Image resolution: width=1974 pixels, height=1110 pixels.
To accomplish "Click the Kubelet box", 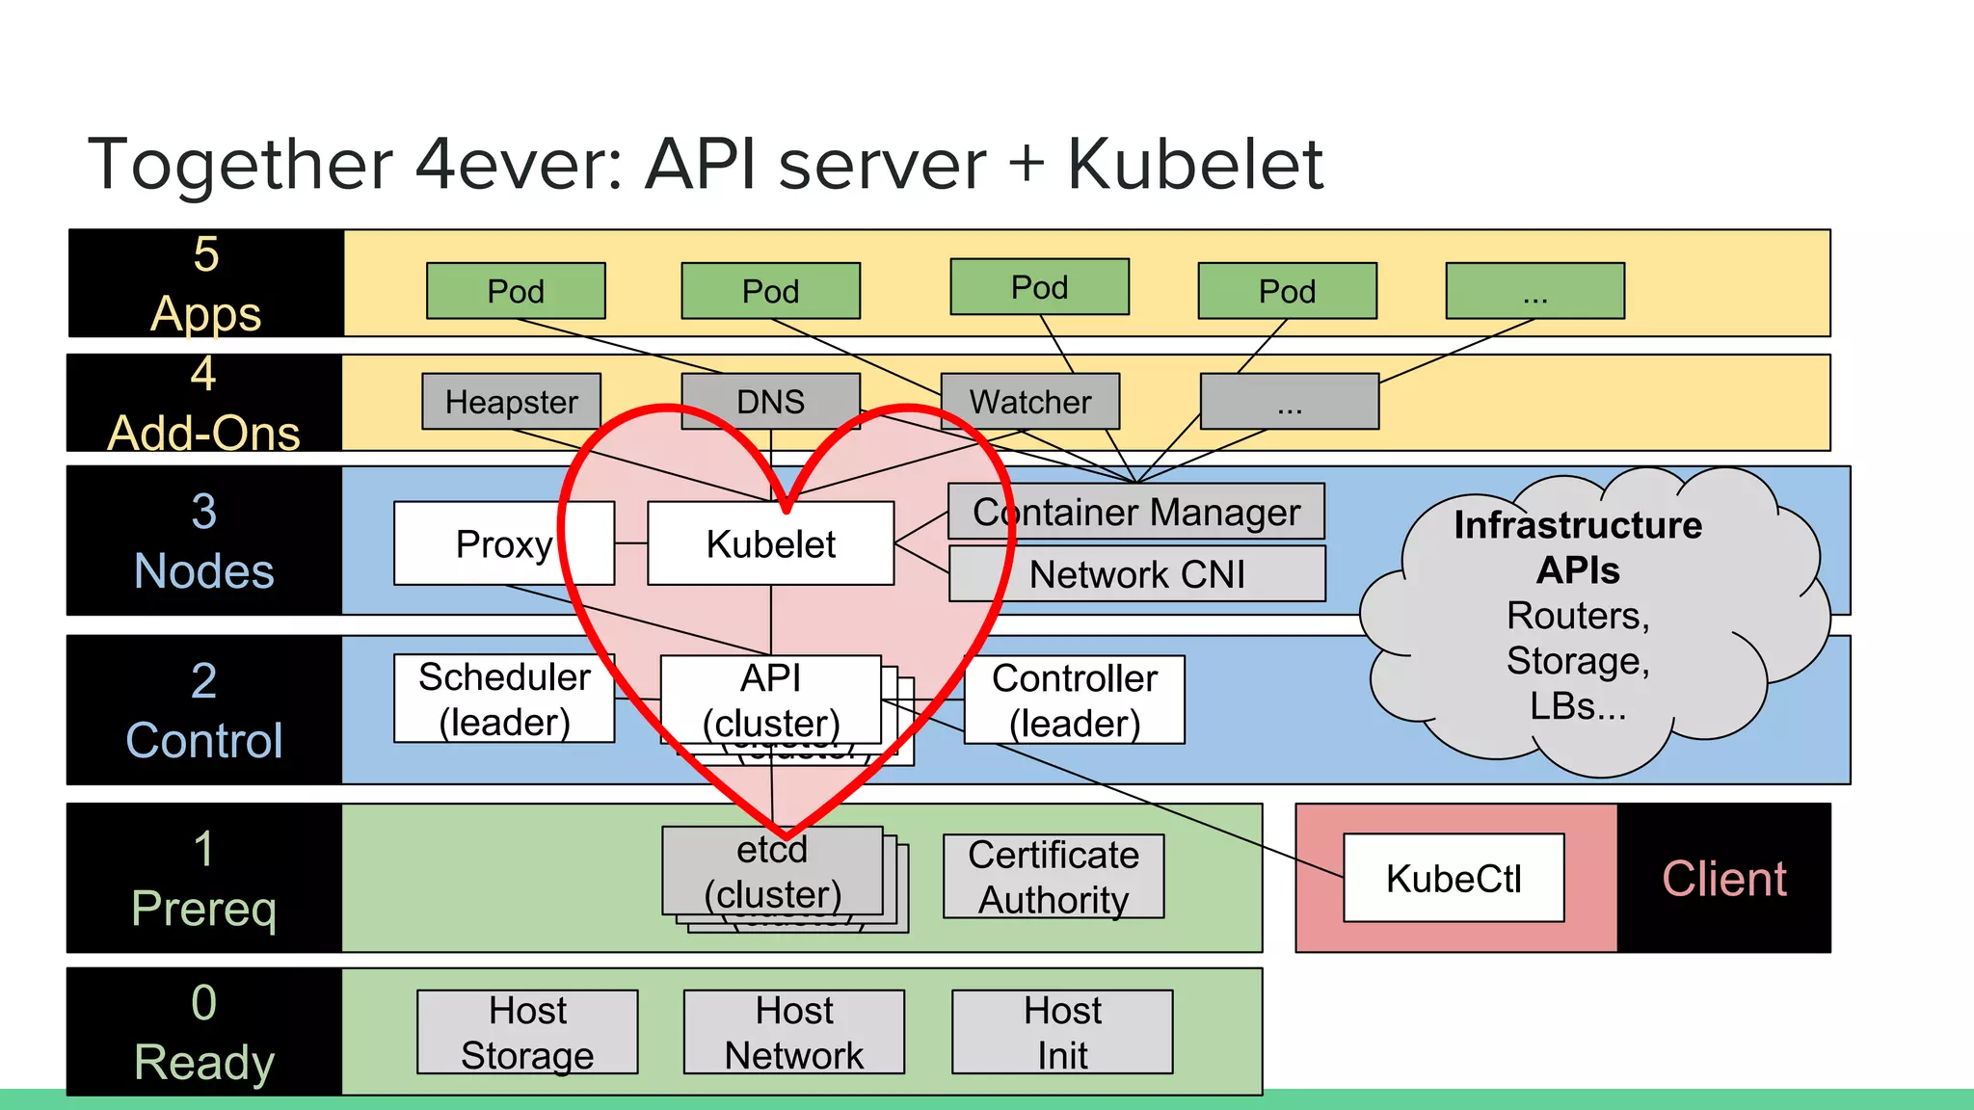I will point(770,543).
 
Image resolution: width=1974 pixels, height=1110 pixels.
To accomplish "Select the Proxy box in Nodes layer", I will point(503,543).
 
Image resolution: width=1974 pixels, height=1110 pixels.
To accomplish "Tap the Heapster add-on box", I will point(511,401).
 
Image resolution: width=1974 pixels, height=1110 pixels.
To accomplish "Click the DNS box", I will point(770,401).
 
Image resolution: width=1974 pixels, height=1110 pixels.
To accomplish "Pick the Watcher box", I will point(1029,401).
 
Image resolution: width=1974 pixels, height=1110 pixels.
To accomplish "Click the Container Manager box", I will point(1135,512).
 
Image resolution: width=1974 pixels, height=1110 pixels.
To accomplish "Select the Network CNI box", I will point(1136,574).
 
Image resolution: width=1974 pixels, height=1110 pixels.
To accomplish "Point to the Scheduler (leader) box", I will point(503,699).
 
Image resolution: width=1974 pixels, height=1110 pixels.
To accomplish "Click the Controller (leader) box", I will point(1074,700).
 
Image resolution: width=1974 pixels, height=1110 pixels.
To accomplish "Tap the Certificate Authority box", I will point(1053,876).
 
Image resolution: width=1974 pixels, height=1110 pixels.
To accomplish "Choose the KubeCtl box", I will point(1453,878).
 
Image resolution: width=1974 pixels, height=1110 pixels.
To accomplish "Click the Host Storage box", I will point(526,1032).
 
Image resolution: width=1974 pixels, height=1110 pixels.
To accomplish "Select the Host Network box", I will point(793,1032).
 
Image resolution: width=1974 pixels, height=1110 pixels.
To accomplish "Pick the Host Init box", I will point(1061,1032).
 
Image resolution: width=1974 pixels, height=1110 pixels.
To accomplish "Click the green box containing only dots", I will point(1534,291).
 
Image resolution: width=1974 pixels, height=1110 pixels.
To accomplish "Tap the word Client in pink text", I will point(1723,879).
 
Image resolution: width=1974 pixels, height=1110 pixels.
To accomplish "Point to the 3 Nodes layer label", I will point(203,541).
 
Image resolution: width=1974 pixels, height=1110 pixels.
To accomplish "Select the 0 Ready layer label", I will point(203,1032).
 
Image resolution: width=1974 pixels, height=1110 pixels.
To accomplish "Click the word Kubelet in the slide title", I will point(1194,164).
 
